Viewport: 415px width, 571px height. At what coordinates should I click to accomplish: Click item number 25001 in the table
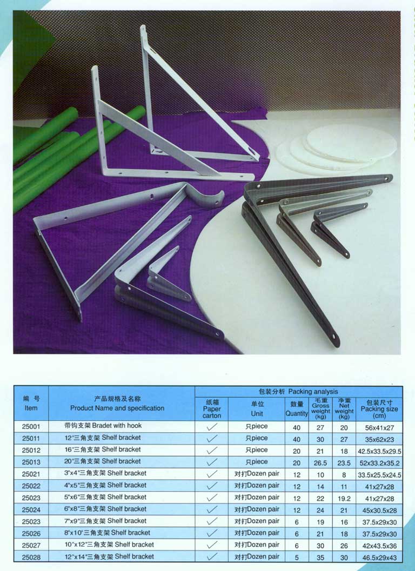click(31, 426)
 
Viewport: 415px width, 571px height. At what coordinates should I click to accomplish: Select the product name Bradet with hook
click(117, 425)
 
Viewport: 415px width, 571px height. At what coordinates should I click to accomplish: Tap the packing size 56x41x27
click(379, 427)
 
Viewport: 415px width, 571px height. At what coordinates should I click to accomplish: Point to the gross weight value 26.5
click(320, 463)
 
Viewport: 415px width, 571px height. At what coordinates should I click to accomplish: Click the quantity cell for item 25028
click(297, 557)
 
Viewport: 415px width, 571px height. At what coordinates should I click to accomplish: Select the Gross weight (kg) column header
click(320, 408)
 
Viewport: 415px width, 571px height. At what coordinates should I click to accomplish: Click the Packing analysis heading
click(298, 392)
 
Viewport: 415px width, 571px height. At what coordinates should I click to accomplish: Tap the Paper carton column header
click(212, 408)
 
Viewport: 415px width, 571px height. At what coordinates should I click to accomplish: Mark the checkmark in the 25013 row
click(212, 462)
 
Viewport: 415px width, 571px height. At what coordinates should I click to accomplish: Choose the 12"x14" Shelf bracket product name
click(109, 556)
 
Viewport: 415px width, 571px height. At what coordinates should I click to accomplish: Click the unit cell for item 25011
click(257, 438)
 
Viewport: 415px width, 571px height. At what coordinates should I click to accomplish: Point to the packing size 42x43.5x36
click(379, 546)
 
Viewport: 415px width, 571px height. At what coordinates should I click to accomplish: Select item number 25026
click(31, 534)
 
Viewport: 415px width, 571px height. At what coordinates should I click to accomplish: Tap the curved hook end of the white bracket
click(206, 197)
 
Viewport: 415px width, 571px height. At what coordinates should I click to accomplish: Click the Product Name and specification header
click(117, 404)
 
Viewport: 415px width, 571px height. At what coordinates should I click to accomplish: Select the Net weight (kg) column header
click(344, 408)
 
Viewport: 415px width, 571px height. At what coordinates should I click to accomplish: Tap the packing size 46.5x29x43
click(379, 557)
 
